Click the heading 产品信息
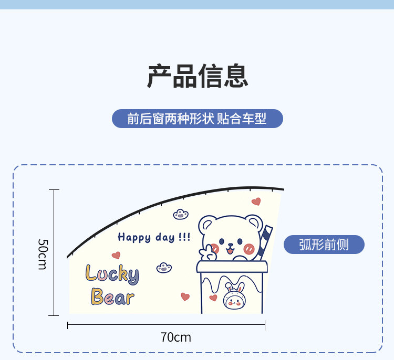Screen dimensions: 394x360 click(x=197, y=76)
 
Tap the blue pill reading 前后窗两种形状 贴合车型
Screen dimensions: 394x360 click(x=197, y=119)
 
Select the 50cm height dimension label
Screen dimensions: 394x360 click(x=43, y=254)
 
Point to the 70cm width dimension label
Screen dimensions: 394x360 click(x=175, y=337)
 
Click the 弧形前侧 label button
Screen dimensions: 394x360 click(x=324, y=245)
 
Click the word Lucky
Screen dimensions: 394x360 click(x=112, y=273)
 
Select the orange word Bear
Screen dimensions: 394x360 click(x=112, y=298)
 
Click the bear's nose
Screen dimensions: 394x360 click(x=230, y=244)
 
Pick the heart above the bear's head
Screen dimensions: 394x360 click(x=256, y=202)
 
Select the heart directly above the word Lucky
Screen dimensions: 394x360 click(x=116, y=256)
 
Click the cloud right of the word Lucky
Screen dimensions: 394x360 click(x=164, y=268)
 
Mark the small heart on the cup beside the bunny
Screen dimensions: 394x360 click(x=213, y=298)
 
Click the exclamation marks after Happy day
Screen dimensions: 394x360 click(x=184, y=237)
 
